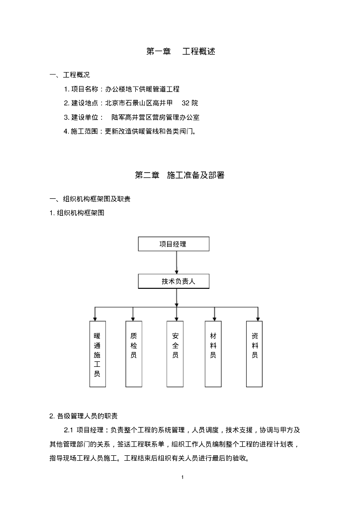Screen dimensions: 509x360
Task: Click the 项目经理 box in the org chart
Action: pos(174,244)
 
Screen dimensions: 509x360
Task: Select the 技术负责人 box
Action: pos(174,281)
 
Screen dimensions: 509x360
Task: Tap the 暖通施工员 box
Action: pos(97,354)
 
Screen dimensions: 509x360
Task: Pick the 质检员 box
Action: pos(133,354)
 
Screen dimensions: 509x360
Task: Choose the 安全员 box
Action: pos(175,354)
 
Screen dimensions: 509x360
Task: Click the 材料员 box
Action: pos(213,354)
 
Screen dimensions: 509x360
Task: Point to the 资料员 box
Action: pos(254,354)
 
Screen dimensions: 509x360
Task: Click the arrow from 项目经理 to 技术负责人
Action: pos(177,262)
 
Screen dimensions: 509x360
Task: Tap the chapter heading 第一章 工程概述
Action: pos(180,51)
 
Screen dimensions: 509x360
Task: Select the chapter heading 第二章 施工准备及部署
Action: pos(180,175)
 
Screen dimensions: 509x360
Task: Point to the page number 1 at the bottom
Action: pos(182,478)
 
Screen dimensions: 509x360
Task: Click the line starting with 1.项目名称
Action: pos(121,89)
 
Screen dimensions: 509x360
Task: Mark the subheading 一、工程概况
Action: pos(70,75)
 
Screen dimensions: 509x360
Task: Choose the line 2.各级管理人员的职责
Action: pos(84,416)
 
